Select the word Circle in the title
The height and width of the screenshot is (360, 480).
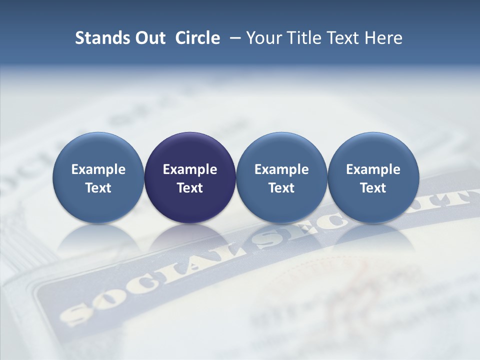tap(197, 38)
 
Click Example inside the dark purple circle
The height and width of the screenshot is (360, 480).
tap(190, 169)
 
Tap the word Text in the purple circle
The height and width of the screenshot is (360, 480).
tap(190, 188)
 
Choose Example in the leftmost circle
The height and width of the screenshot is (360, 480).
tap(98, 169)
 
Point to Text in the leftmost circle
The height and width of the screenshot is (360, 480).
tap(98, 188)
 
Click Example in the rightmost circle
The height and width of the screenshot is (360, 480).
tap(373, 169)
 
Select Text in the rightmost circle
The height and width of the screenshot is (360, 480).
tap(373, 188)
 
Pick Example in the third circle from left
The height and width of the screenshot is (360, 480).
tap(281, 169)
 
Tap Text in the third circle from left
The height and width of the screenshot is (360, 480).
tap(281, 188)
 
